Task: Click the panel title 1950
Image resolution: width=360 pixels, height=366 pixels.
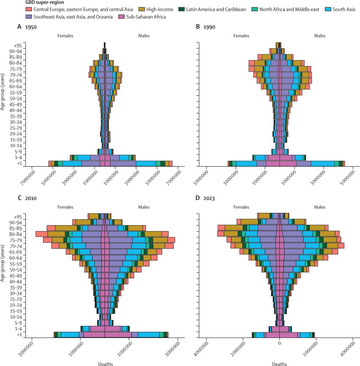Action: pyautogui.click(x=31, y=27)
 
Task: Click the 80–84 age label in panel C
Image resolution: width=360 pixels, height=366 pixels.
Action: pyautogui.click(x=18, y=234)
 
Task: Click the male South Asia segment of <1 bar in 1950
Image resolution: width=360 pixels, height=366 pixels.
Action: pyautogui.click(x=146, y=163)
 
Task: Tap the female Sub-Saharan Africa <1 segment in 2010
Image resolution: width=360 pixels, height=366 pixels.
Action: pyautogui.click(x=94, y=335)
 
